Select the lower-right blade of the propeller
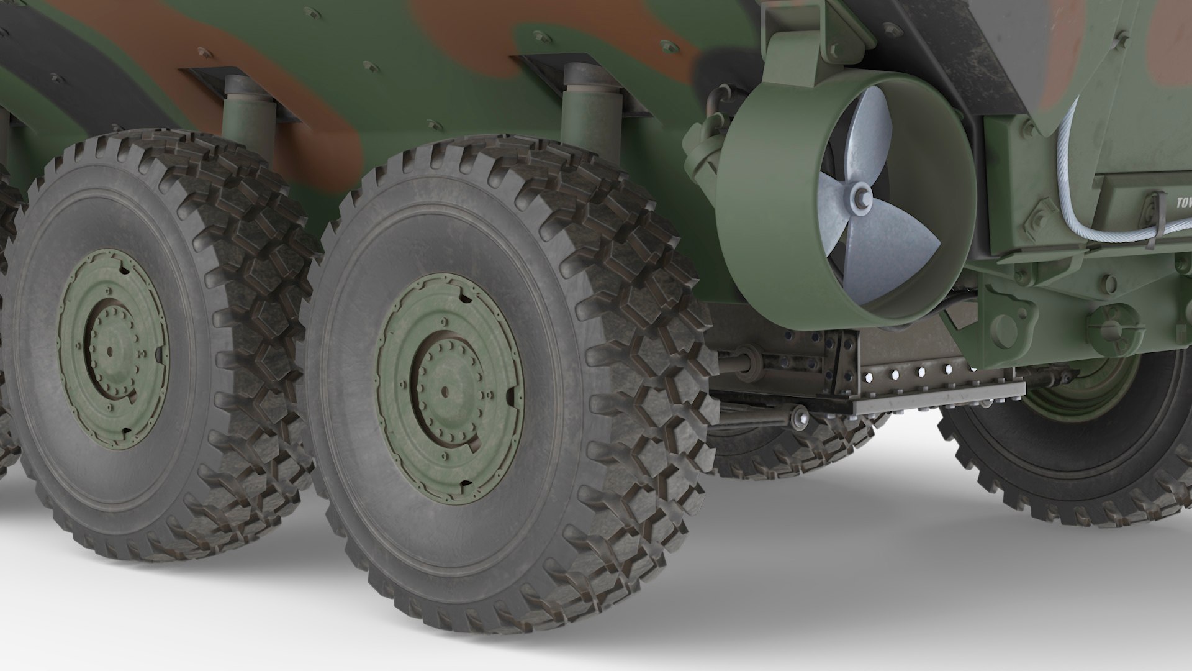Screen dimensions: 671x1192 (x=906, y=242)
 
